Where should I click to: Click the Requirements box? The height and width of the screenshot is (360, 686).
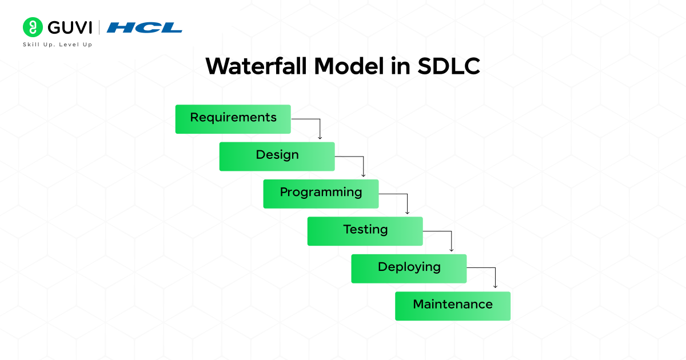[233, 119]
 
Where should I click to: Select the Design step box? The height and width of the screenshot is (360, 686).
[277, 157]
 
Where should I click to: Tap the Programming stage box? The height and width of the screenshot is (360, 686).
[321, 194]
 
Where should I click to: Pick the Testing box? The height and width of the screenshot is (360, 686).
[365, 231]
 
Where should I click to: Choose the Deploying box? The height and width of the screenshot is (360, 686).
[409, 269]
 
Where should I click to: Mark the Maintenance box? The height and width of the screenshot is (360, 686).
[452, 306]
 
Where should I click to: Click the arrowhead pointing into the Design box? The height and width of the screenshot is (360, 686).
[320, 137]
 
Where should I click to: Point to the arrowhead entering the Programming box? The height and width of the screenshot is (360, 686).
[364, 174]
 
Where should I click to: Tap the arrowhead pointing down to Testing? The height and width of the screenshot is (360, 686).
[407, 212]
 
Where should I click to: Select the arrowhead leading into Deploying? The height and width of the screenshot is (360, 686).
[451, 249]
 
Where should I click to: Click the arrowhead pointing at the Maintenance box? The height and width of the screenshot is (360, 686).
[495, 286]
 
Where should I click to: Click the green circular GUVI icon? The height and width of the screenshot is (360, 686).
[32, 27]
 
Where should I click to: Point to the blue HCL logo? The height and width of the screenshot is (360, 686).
[145, 27]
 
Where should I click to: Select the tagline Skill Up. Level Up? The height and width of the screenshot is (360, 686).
[57, 45]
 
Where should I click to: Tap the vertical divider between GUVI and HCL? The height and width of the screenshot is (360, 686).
[100, 27]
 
